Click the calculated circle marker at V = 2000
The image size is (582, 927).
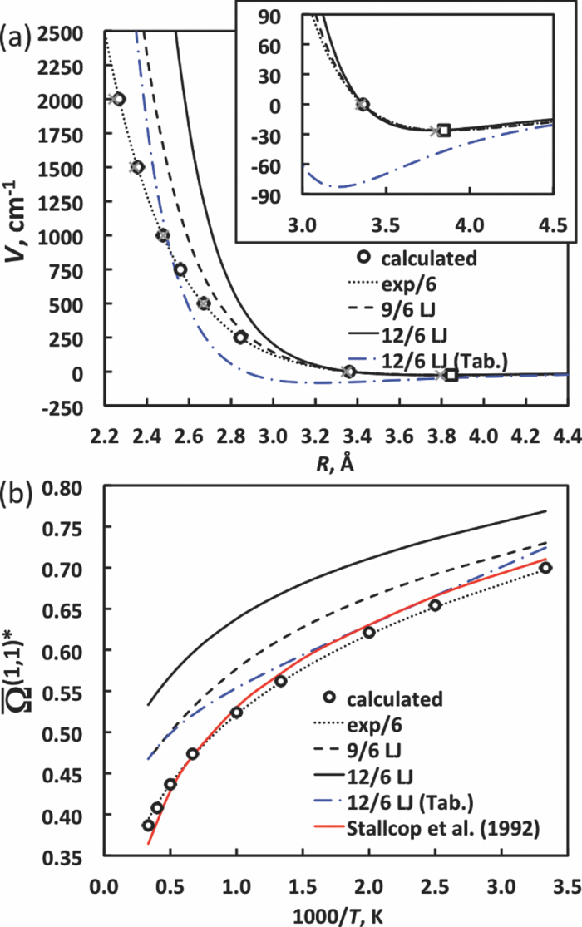point(118,99)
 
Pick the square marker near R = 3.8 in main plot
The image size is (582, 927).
point(451,375)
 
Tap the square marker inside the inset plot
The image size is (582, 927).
point(444,130)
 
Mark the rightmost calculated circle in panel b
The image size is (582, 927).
point(545,568)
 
